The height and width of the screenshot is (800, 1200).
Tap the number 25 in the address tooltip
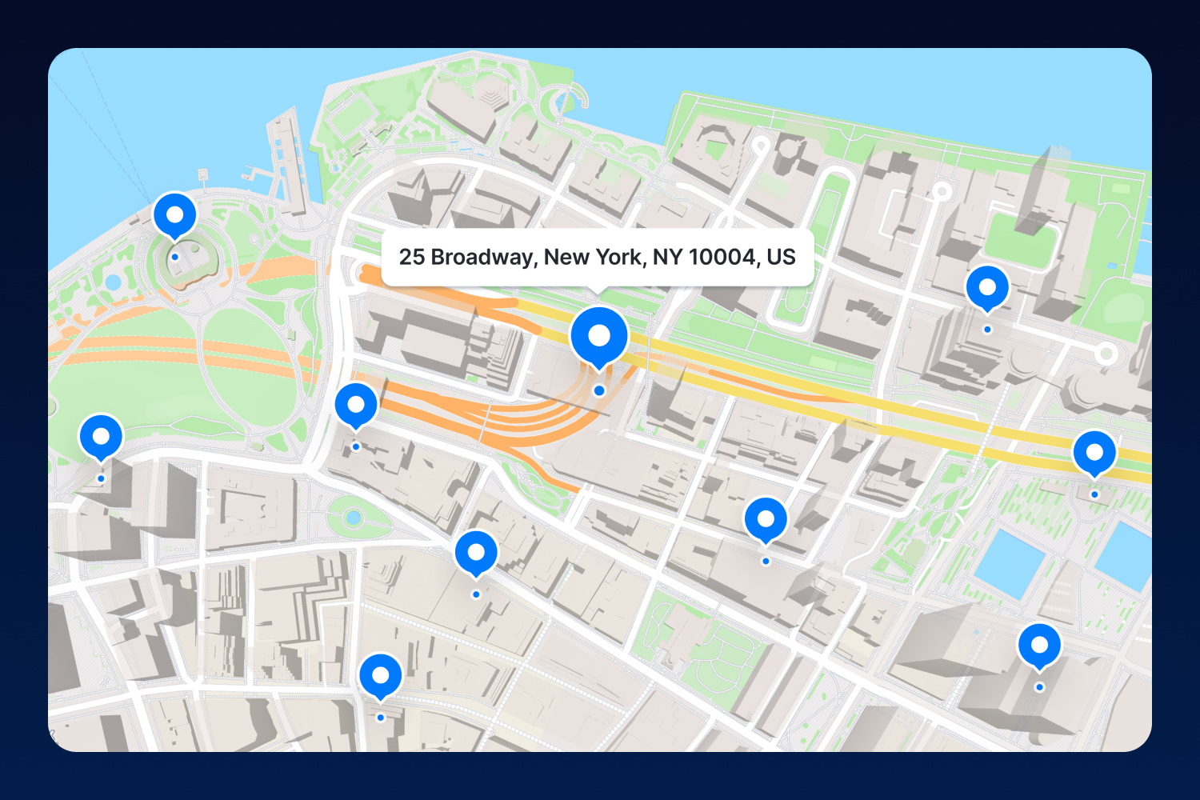pos(411,257)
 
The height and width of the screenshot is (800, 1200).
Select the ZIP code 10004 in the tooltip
pos(722,257)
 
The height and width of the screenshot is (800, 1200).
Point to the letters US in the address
pos(781,257)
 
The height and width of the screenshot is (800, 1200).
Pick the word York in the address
pos(618,257)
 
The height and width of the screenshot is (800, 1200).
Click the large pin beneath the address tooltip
pos(599,336)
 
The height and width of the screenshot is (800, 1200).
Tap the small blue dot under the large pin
pos(599,390)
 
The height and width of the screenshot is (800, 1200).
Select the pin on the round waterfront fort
pos(174,214)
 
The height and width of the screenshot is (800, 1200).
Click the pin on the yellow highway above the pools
pos(1094,452)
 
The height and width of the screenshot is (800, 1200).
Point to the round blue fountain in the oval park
pos(354,518)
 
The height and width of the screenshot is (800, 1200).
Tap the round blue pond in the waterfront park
pos(113,282)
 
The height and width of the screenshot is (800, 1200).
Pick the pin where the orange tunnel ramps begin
pos(356,405)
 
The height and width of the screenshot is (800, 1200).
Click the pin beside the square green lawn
pos(987,287)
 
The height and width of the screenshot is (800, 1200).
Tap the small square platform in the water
pos(202,173)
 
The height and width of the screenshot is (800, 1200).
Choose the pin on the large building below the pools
pos(1039,645)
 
